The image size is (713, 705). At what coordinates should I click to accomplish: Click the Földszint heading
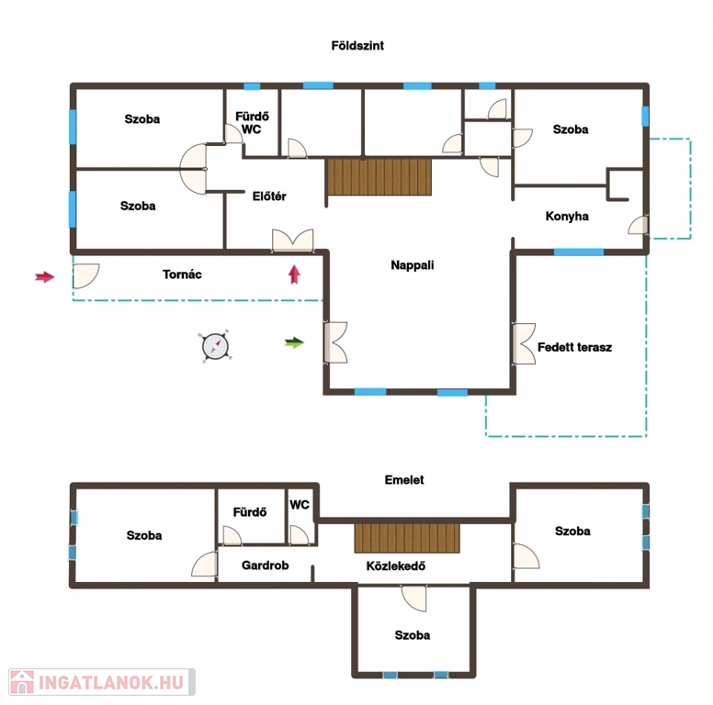coord(357,45)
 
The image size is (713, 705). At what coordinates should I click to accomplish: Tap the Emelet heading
coord(404,480)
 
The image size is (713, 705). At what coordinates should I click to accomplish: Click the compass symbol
coord(215,346)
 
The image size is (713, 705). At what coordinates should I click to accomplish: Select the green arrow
coord(294,342)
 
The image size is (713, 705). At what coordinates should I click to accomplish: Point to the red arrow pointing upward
coord(295,274)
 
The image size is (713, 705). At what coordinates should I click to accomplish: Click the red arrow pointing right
coord(45,276)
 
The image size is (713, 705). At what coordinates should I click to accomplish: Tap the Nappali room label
coord(413,264)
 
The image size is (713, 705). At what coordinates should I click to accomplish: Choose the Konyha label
coord(567,217)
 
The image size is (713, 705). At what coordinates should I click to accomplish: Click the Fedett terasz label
coord(575,347)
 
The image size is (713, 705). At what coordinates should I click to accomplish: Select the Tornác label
coord(182,274)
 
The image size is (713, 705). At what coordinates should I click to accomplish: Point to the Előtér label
coord(269,196)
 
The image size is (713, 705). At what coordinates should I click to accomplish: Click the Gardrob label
coord(266,565)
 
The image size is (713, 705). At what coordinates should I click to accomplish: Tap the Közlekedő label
coord(396,566)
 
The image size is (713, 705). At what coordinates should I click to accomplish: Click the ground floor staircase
coord(379,176)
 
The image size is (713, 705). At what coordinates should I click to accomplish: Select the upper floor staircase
coord(407,538)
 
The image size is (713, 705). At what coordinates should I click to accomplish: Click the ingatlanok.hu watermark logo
coord(102,682)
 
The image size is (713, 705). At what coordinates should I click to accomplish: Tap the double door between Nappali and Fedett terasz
coord(524,343)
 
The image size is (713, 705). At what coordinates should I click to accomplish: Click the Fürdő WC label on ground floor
coord(252,123)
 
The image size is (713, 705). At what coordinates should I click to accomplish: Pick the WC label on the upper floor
coord(300,505)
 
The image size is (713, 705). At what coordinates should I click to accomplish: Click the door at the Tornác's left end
coord(85,275)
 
